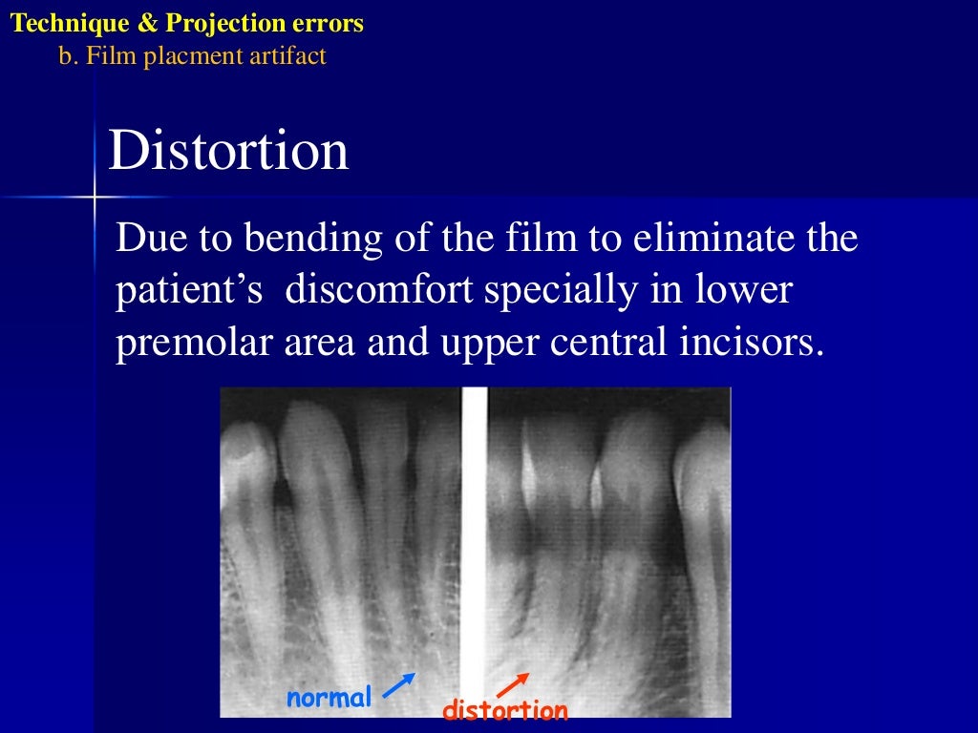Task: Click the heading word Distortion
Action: click(x=228, y=152)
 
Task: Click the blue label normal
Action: click(x=329, y=698)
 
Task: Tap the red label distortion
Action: click(x=505, y=710)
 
